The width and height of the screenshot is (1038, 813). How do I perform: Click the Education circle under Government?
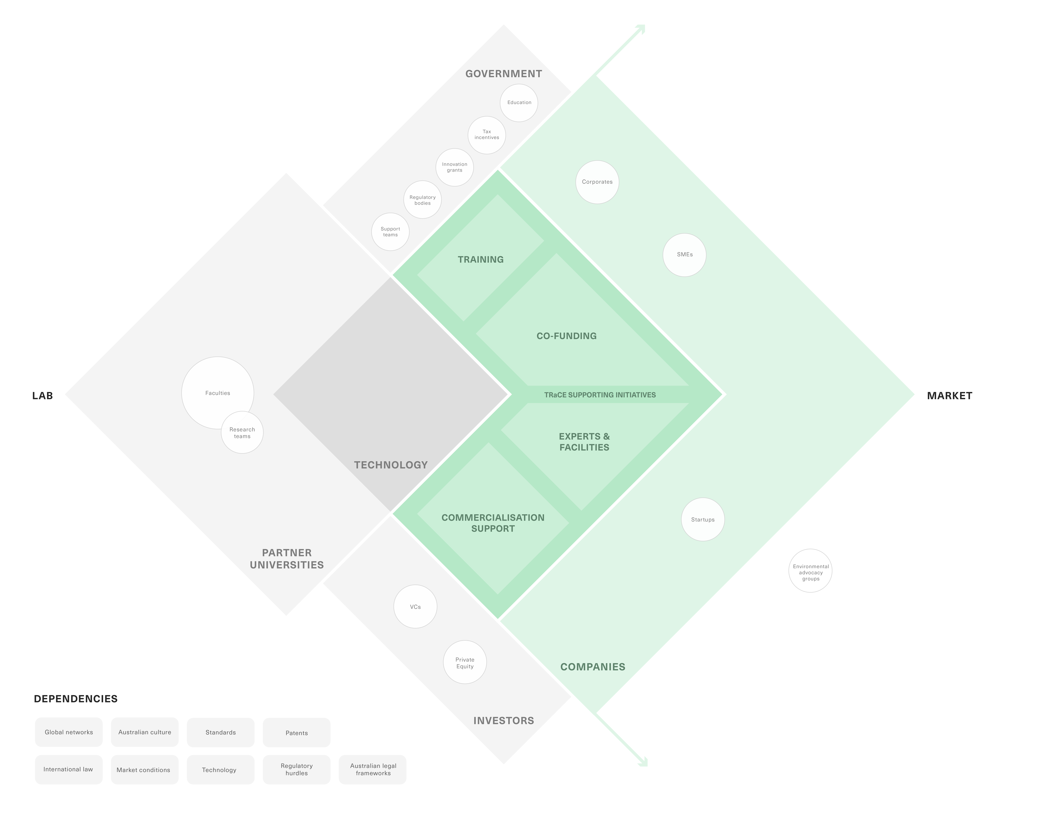[519, 103]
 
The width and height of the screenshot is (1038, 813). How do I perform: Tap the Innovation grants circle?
[454, 168]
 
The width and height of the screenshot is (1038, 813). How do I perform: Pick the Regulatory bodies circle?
[422, 200]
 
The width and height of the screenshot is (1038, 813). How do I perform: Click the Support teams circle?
[390, 232]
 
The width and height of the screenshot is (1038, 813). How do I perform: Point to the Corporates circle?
[597, 182]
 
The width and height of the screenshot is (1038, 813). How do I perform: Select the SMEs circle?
[685, 255]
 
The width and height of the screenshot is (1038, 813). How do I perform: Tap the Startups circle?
[703, 519]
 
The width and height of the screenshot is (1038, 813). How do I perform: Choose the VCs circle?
[415, 607]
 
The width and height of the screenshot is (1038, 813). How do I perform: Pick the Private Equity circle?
[465, 663]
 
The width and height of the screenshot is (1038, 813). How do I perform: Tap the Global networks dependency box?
[69, 732]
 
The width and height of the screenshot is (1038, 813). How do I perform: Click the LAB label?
[42, 396]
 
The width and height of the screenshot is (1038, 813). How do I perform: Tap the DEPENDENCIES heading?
[76, 699]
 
